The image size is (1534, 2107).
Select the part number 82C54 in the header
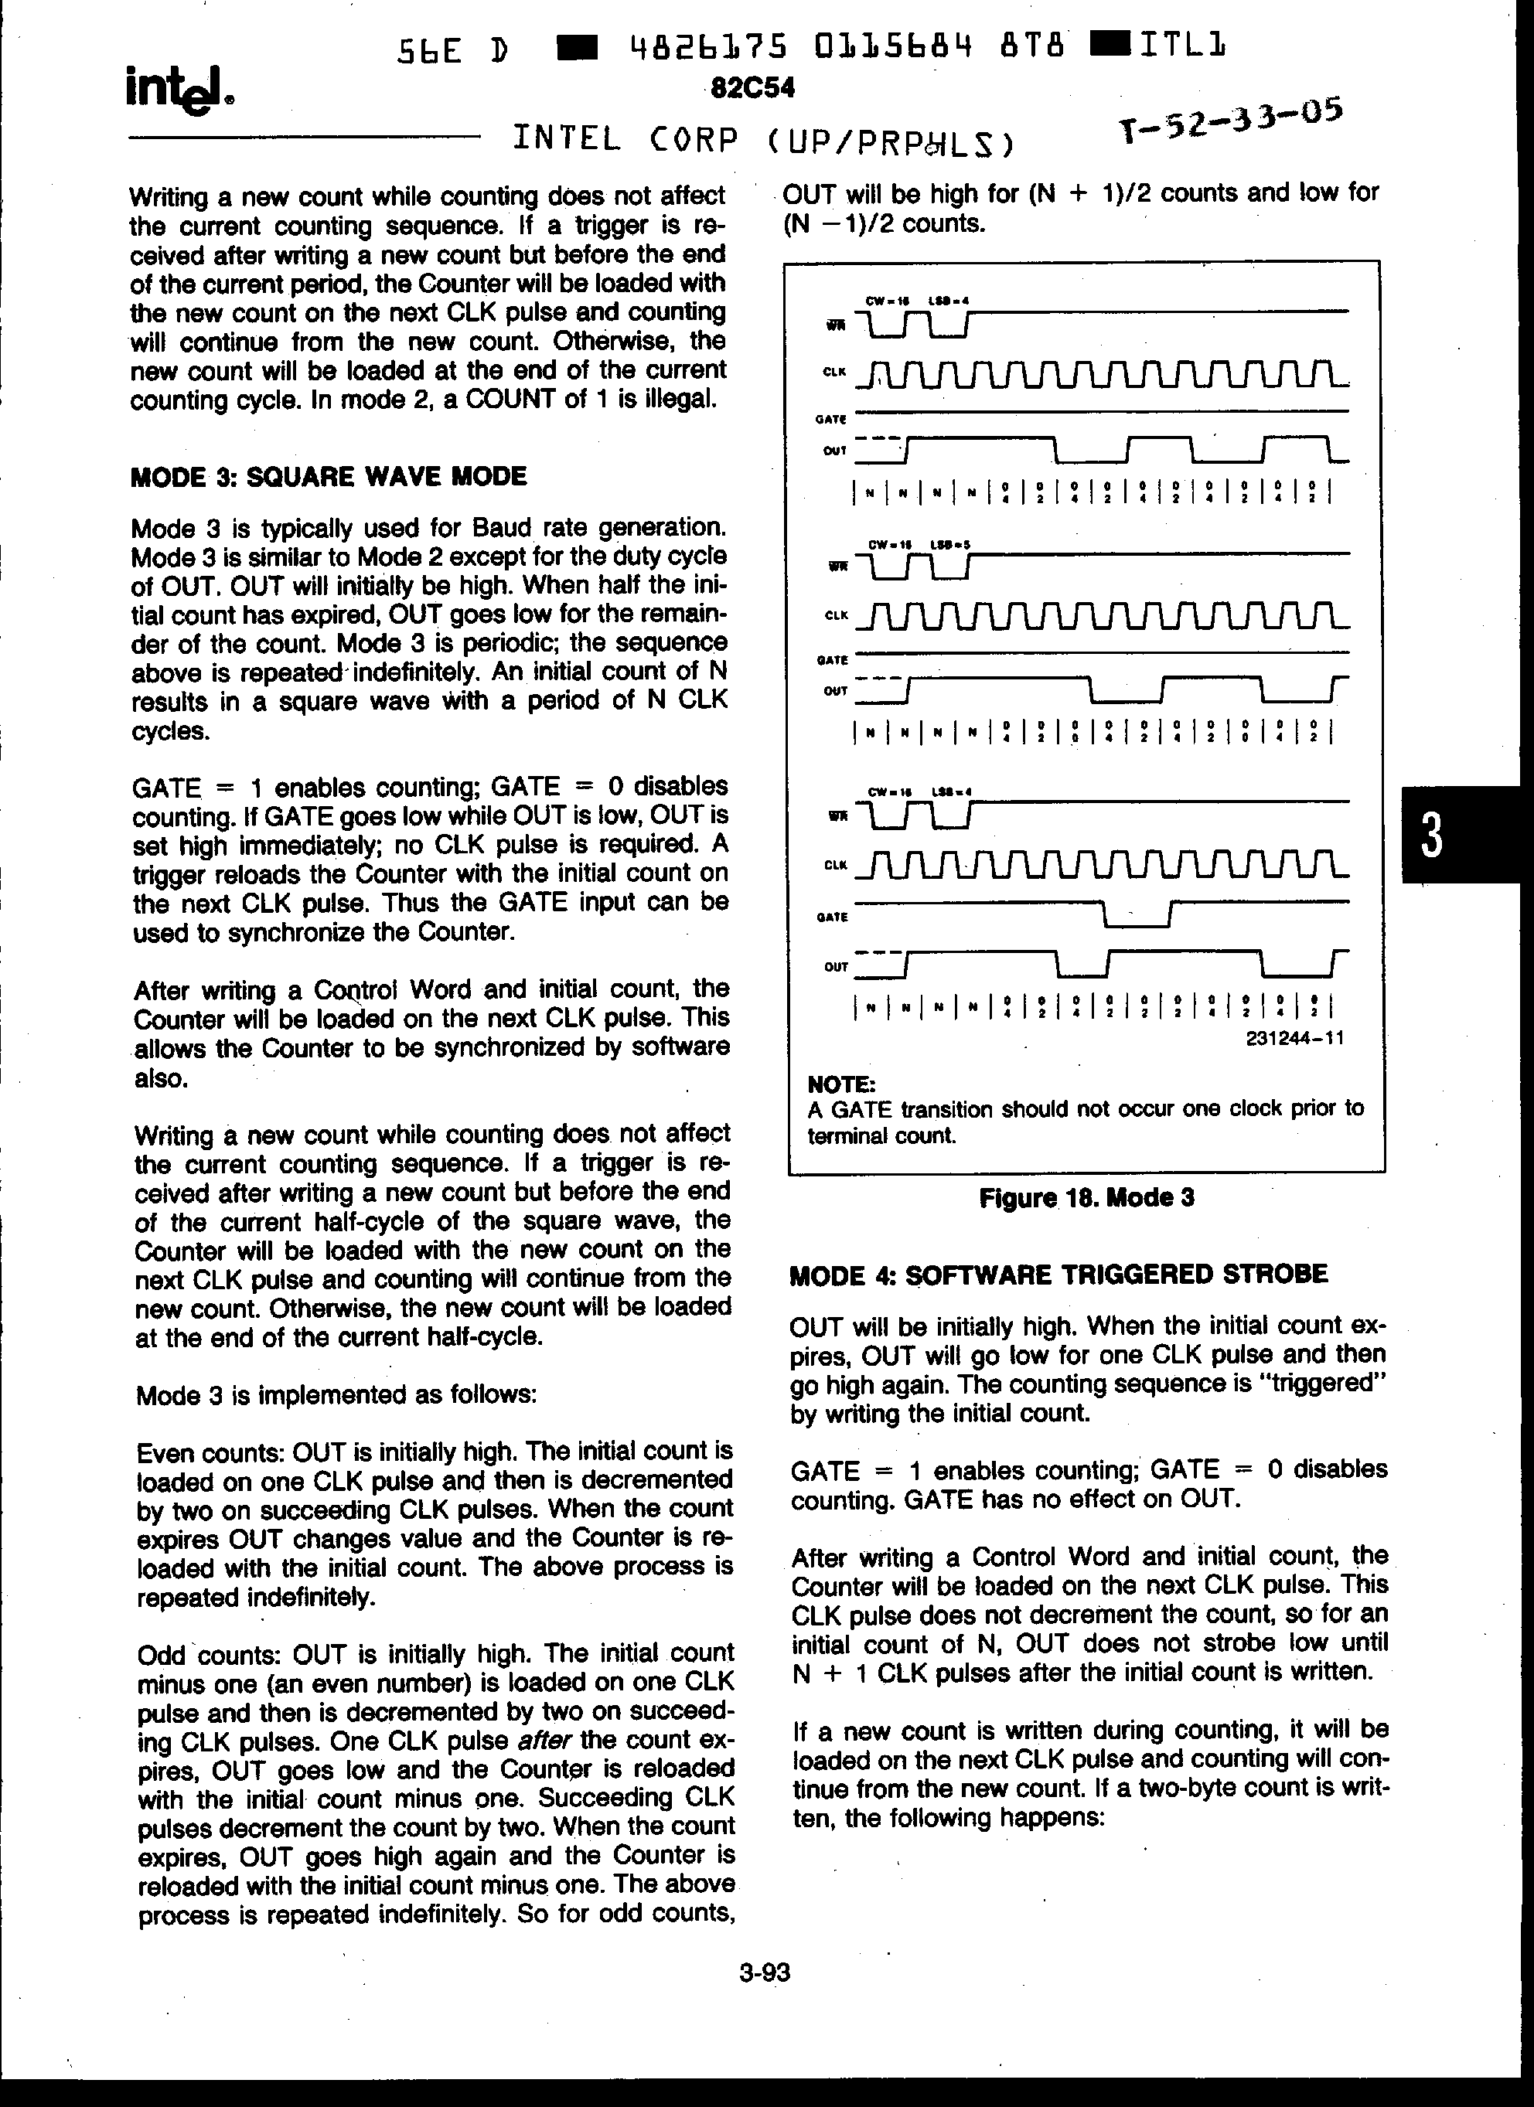(x=752, y=87)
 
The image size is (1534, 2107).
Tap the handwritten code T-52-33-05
(x=1230, y=121)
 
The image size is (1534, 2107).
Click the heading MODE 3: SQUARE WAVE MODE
(x=329, y=477)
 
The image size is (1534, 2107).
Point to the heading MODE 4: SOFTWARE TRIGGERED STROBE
(x=1058, y=1274)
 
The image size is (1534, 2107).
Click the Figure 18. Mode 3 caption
(x=1086, y=1197)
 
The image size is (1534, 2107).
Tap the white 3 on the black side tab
(x=1432, y=834)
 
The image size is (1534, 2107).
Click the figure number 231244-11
(x=1294, y=1038)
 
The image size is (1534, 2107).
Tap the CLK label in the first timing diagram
(x=834, y=372)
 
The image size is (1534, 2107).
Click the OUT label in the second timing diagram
(x=835, y=691)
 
